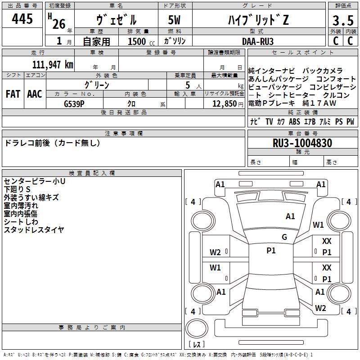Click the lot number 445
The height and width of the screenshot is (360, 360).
pyautogui.click(x=22, y=18)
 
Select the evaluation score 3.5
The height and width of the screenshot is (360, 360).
pyautogui.click(x=343, y=21)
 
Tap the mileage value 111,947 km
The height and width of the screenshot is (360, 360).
pyautogui.click(x=53, y=65)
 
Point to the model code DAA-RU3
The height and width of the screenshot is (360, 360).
pyautogui.click(x=258, y=41)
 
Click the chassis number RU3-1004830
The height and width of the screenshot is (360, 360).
pyautogui.click(x=302, y=143)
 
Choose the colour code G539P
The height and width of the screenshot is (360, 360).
pyautogui.click(x=74, y=104)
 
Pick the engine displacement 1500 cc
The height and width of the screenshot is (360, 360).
pyautogui.click(x=141, y=41)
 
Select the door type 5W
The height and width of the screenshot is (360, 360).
pyautogui.click(x=174, y=20)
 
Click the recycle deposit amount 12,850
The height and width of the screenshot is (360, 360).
pyautogui.click(x=225, y=104)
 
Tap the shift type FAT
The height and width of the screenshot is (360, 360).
pyautogui.click(x=13, y=94)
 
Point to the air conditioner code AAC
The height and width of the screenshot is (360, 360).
pyautogui.click(x=35, y=94)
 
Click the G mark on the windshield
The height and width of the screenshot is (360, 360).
pyautogui.click(x=284, y=237)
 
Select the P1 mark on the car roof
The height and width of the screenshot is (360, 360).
pyautogui.click(x=271, y=251)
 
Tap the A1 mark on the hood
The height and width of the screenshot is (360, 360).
pyautogui.click(x=290, y=216)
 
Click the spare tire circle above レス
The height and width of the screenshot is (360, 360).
pyautogui.click(x=197, y=328)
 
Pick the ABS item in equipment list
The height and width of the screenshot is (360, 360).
pyautogui.click(x=294, y=121)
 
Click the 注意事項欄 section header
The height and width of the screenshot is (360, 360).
pyautogui.click(x=123, y=133)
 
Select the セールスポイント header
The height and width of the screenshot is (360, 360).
pyautogui.click(x=302, y=52)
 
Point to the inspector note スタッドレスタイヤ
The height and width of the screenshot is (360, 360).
pyautogui.click(x=34, y=229)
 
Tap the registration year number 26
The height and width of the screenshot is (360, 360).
pyautogui.click(x=59, y=24)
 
